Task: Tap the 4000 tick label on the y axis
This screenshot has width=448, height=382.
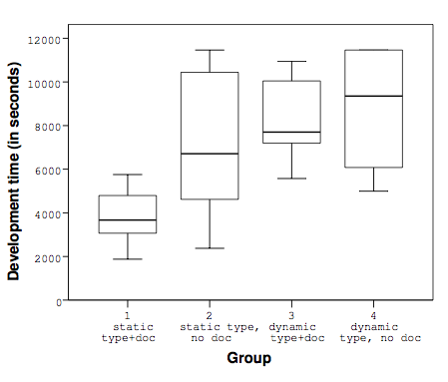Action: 49,213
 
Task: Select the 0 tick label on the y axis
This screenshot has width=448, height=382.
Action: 61,300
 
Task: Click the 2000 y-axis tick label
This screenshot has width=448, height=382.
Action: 49,257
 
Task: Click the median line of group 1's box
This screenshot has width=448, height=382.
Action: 128,219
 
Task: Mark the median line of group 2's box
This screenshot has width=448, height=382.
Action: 210,154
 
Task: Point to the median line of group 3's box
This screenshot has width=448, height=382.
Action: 291,132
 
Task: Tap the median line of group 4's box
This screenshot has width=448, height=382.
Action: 373,96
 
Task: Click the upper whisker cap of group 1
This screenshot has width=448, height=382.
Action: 128,175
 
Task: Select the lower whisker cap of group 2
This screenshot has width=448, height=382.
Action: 210,248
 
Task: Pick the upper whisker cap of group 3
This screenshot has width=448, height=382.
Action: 291,61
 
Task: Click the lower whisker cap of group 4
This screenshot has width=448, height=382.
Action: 373,191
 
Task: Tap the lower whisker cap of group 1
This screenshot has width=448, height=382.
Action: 128,259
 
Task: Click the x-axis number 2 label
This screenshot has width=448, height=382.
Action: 210,315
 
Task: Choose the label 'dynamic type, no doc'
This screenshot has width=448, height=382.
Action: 379,332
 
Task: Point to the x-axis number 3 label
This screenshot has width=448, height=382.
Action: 291,315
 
